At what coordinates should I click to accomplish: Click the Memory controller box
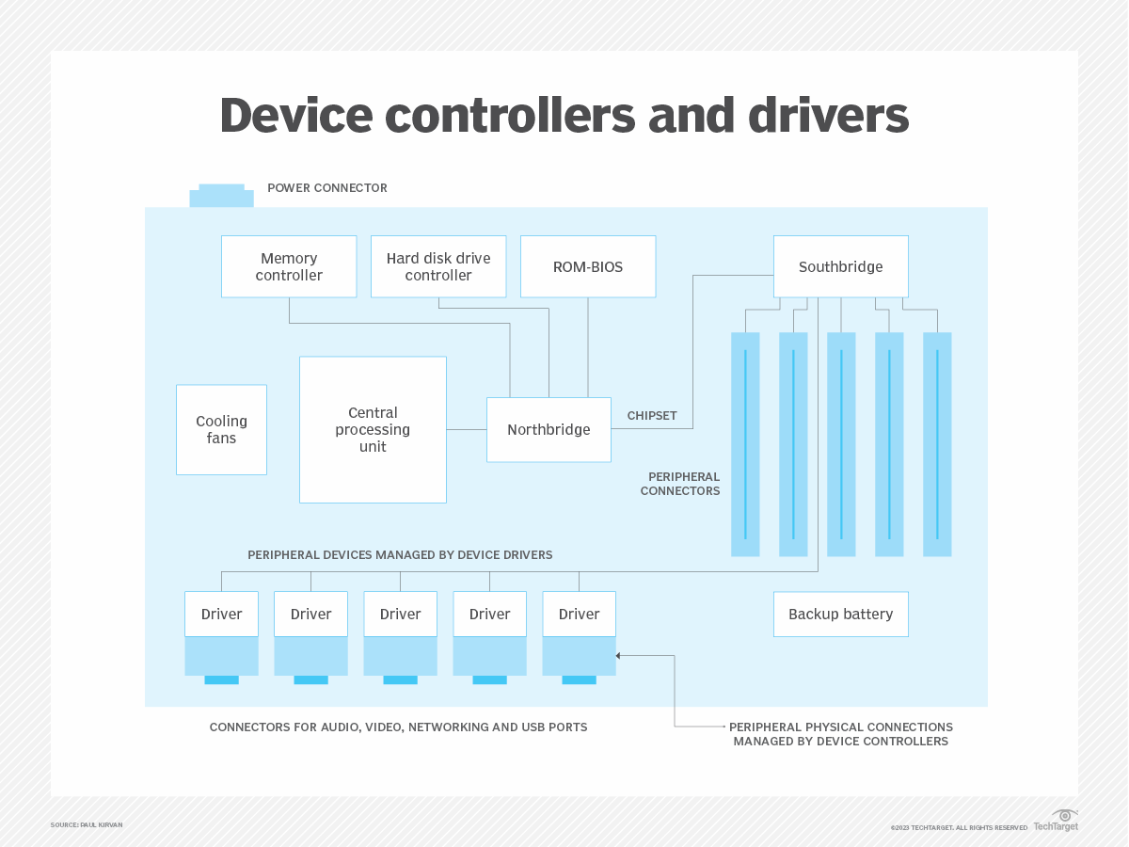(289, 266)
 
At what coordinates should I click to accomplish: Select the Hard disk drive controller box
(438, 266)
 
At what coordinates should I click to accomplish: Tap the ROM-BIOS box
(588, 266)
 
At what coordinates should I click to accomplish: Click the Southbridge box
(840, 266)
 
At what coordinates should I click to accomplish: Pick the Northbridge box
(549, 429)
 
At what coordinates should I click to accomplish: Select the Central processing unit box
(373, 429)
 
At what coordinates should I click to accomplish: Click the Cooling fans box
(221, 429)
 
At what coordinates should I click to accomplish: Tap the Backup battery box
(840, 614)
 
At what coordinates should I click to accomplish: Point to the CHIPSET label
(652, 415)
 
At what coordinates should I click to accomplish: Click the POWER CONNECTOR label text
(327, 188)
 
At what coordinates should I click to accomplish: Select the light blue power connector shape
(221, 197)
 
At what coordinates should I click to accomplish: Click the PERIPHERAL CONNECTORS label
(680, 484)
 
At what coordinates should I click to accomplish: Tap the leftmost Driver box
(221, 614)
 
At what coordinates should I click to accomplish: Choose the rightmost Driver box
(579, 614)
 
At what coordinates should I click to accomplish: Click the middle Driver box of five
(400, 614)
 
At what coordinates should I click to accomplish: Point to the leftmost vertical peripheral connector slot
(745, 444)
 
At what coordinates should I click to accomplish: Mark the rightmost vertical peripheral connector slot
(937, 444)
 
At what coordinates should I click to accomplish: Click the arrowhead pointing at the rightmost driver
(619, 656)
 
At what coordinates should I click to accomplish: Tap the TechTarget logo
(1056, 821)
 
